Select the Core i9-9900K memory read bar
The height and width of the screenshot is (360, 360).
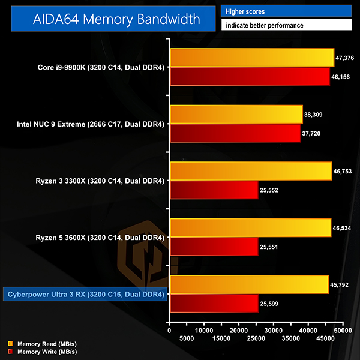(251, 58)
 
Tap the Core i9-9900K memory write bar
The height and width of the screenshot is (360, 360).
(250, 76)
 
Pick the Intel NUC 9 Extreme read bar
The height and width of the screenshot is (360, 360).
(236, 114)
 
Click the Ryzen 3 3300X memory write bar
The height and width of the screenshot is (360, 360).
(214, 190)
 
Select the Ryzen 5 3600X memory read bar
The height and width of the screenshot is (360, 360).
(250, 227)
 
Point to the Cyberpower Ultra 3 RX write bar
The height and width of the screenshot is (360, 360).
(214, 303)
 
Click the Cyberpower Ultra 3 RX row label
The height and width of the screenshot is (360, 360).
(85, 294)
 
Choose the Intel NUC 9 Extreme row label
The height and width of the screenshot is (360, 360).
(91, 124)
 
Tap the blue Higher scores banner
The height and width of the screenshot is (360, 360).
(286, 11)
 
